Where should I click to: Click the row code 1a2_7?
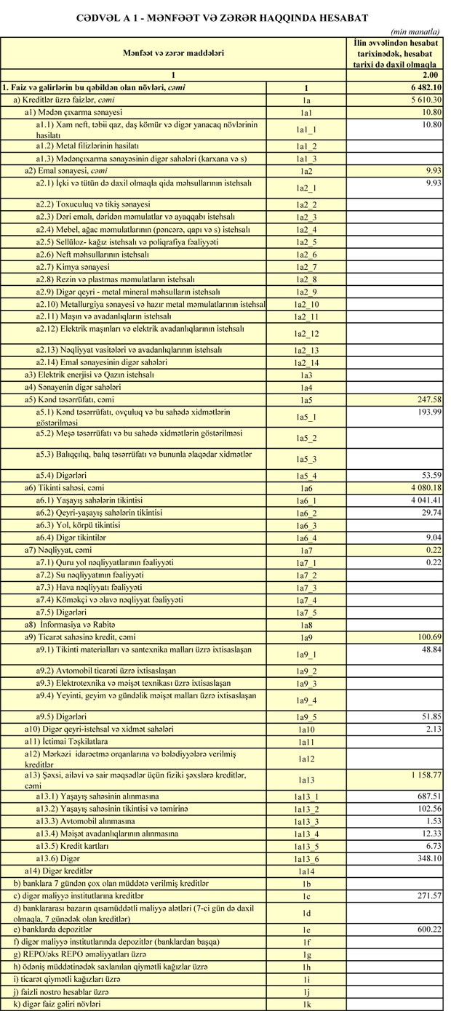tap(306, 268)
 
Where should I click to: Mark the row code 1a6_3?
tap(306, 526)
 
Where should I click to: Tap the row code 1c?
tap(306, 895)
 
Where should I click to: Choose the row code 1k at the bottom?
tap(306, 1004)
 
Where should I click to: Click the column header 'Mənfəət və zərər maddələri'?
tap(172, 53)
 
